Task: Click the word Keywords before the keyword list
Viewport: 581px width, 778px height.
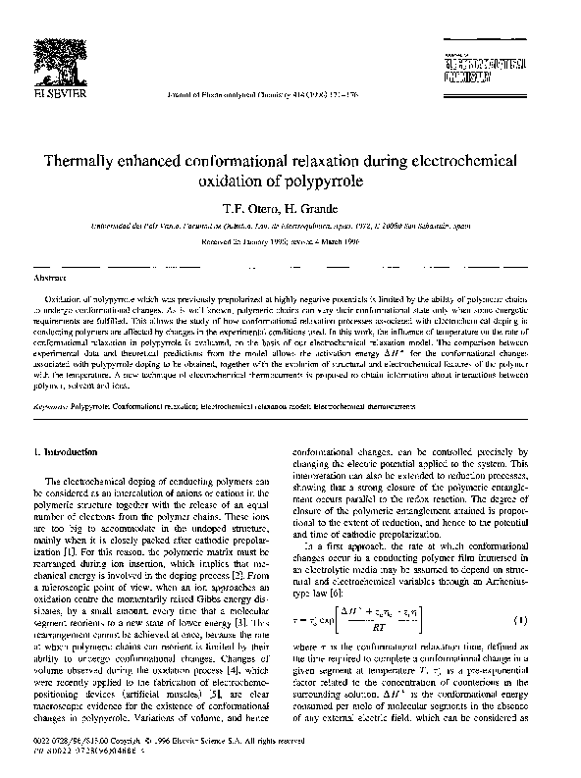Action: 50,376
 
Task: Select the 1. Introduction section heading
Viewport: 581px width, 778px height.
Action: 67,450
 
